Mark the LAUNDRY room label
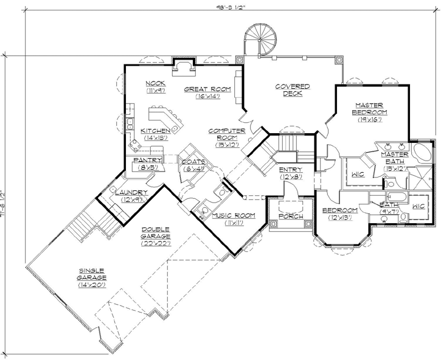pyautogui.click(x=131, y=193)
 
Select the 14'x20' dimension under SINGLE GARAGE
pyautogui.click(x=91, y=284)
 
